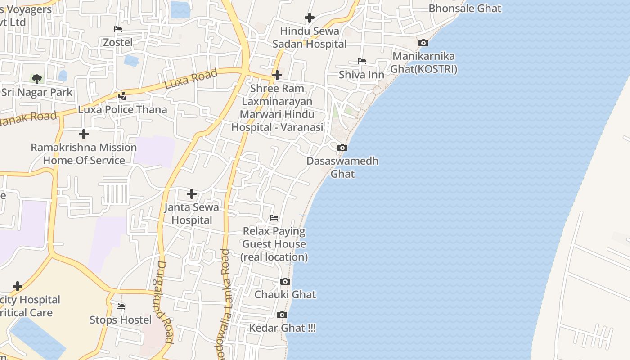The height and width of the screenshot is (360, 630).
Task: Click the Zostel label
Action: [x=118, y=42]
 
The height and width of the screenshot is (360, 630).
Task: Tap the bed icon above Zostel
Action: [x=118, y=29]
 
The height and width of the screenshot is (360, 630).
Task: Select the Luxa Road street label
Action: [x=191, y=78]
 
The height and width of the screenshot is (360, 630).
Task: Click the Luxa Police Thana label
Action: [x=122, y=109]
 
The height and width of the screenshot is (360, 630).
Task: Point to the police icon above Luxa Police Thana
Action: [x=122, y=96]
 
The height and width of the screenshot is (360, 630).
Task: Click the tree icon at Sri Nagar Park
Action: [x=37, y=79]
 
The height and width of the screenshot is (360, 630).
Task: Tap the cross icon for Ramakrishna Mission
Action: [x=83, y=134]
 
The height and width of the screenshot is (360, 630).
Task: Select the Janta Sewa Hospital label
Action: [x=192, y=214]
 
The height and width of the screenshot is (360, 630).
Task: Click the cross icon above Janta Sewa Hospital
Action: [x=192, y=194]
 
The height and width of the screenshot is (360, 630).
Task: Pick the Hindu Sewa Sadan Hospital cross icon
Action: [x=310, y=18]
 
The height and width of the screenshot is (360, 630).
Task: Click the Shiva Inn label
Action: [x=361, y=74]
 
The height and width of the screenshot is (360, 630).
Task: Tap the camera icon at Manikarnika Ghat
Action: [x=423, y=43]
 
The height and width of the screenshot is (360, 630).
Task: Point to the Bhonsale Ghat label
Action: [x=465, y=8]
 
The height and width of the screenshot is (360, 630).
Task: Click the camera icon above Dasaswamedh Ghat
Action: [x=342, y=148]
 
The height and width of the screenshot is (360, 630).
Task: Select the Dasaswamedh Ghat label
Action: [x=342, y=167]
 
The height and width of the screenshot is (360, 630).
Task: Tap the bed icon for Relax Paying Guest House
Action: [x=274, y=218]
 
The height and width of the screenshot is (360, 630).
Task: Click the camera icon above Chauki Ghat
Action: [x=285, y=281]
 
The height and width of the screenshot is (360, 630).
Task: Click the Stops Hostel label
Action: [x=121, y=319]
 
